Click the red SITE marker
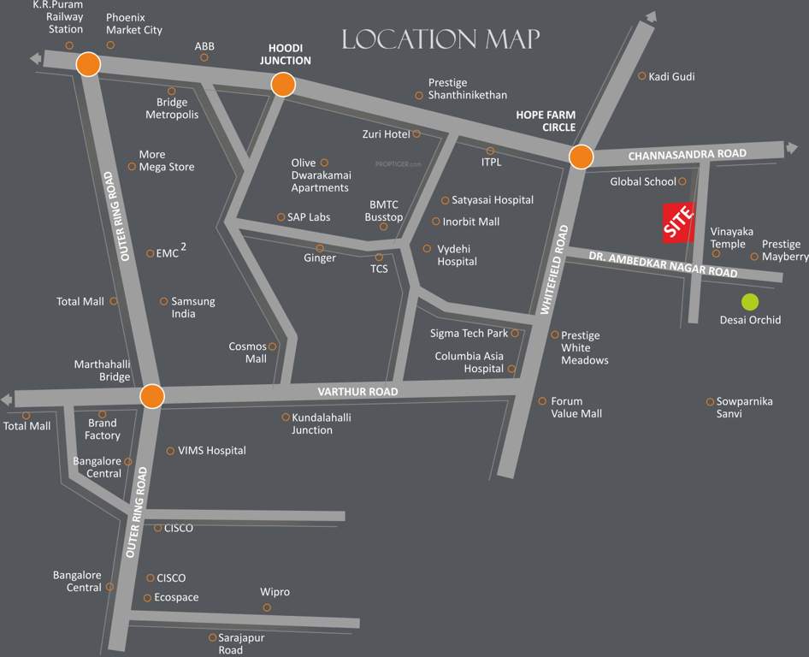tap(679, 223)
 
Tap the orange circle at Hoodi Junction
tap(283, 85)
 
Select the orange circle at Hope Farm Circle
tap(581, 157)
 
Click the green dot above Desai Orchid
tap(750, 301)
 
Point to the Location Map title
tap(440, 39)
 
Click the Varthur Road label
tap(357, 392)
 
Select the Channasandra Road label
tap(687, 154)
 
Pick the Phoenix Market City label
tap(134, 24)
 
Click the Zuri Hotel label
tap(386, 134)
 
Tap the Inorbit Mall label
tap(471, 222)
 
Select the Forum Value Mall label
tap(576, 407)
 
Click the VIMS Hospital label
tap(211, 451)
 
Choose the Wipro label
tap(275, 592)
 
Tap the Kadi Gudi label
tap(671, 77)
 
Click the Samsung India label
tap(193, 307)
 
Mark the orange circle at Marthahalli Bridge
tap(152, 396)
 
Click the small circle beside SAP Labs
tap(280, 217)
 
